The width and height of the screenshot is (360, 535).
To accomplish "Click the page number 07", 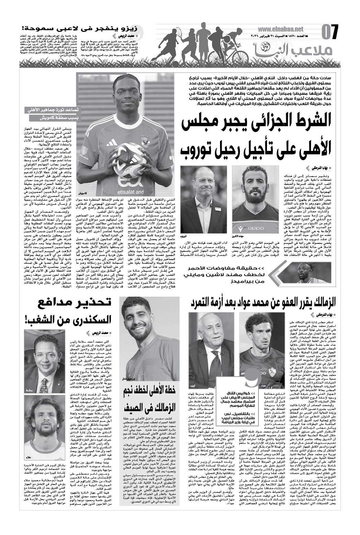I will tap(330, 32).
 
